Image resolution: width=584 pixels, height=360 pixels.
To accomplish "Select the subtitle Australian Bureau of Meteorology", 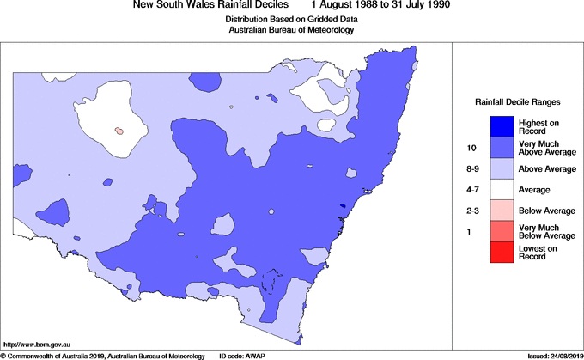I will pyautogui.click(x=291, y=30).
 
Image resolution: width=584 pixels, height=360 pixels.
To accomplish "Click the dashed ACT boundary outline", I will pyautogui.click(x=273, y=284).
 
